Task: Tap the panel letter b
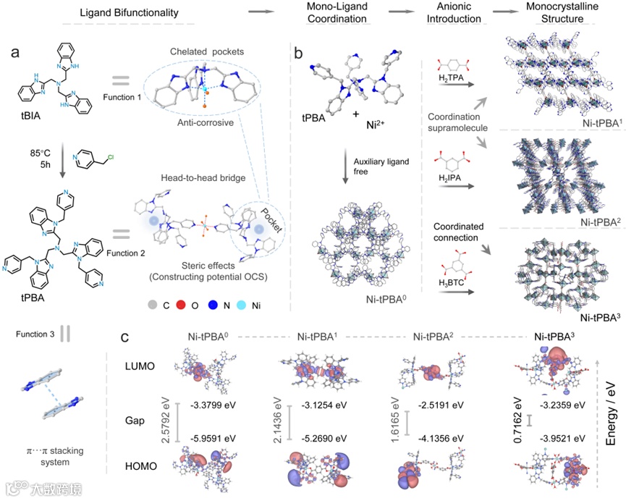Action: [x=298, y=54]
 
